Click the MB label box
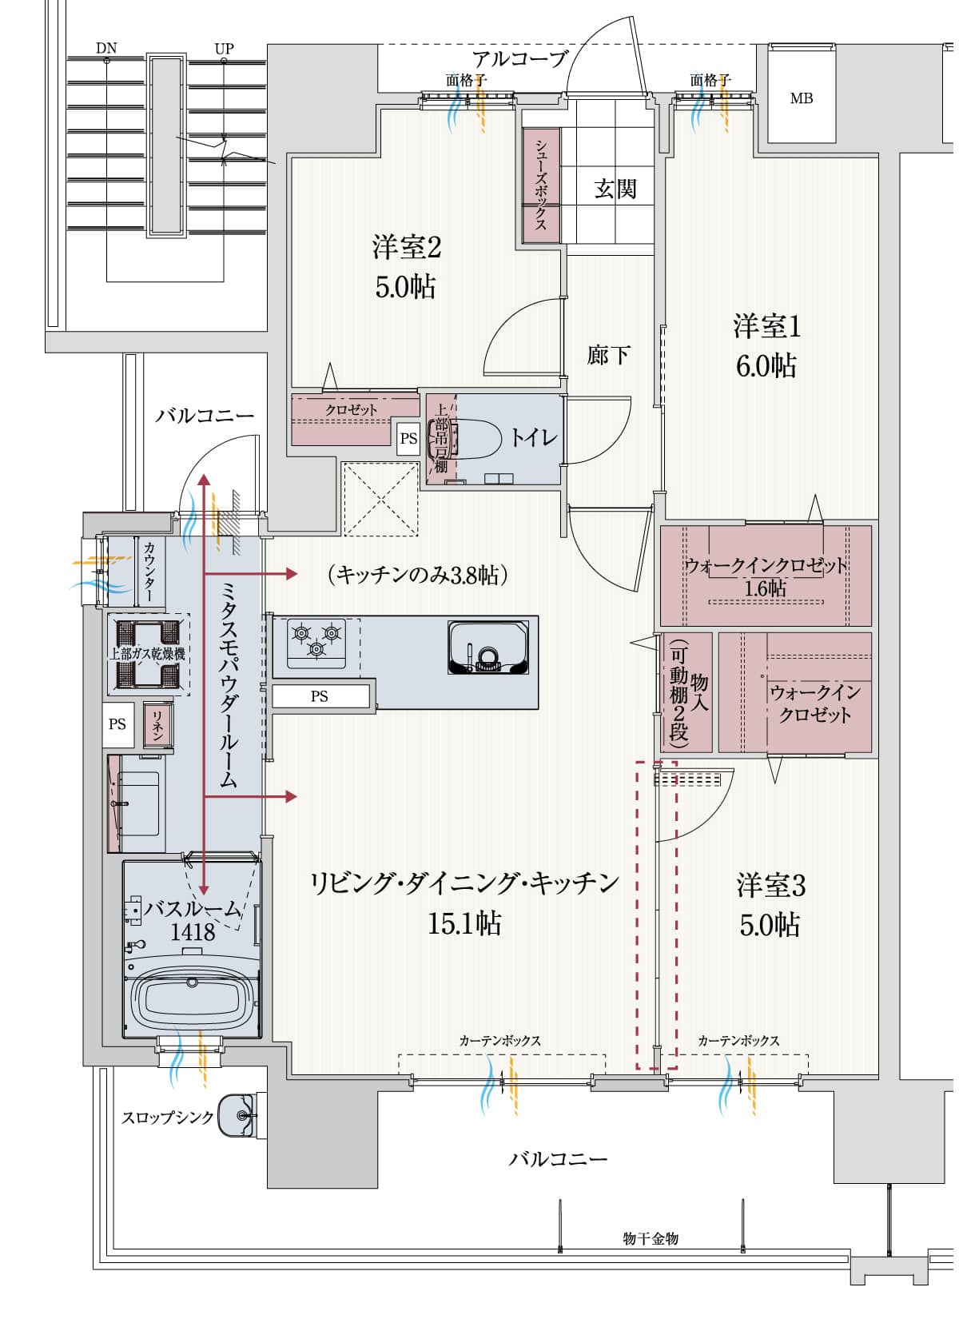(802, 98)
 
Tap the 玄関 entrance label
(615, 189)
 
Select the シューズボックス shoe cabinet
(541, 185)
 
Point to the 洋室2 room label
(406, 247)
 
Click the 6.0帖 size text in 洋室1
(766, 366)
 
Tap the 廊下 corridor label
(608, 354)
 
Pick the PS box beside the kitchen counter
(320, 696)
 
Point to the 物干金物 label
(651, 1238)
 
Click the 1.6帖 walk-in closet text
(765, 589)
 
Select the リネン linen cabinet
(157, 723)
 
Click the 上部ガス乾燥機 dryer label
(148, 654)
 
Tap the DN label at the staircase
(106, 48)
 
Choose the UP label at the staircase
(224, 48)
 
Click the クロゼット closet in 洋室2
(352, 409)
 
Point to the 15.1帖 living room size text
(464, 923)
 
